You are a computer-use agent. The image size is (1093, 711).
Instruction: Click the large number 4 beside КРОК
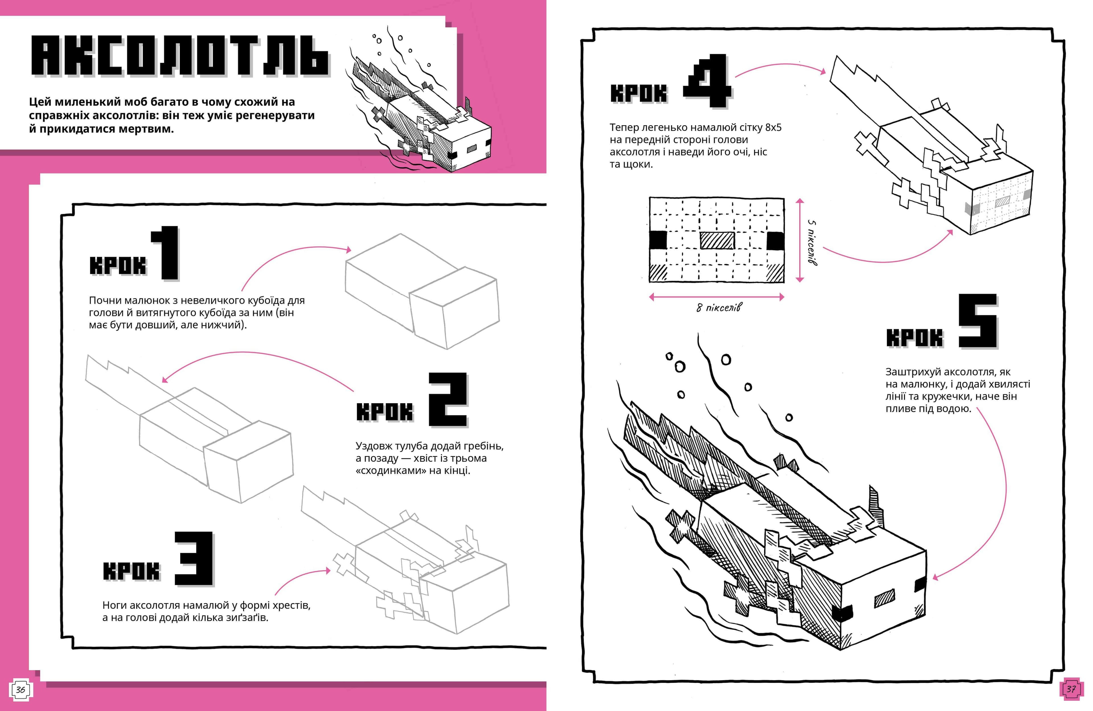[707, 82]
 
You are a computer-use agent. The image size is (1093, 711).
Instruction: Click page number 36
[20, 689]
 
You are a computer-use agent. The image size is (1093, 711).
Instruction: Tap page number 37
[1071, 689]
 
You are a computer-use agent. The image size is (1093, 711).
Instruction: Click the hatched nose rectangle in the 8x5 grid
[717, 240]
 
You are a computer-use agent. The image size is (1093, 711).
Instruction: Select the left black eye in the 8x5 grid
[658, 240]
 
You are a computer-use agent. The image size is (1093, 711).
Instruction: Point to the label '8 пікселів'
[718, 308]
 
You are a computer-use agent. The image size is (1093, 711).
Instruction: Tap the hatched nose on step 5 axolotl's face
[884, 598]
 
